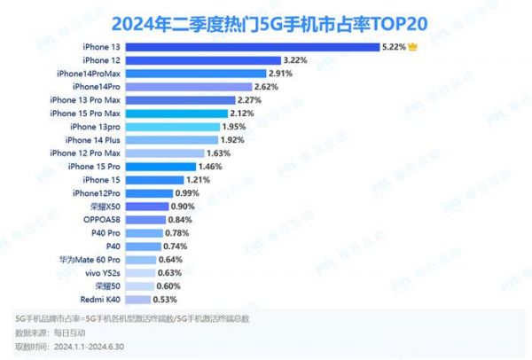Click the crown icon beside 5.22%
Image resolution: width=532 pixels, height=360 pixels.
click(x=413, y=45)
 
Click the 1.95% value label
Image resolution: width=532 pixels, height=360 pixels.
click(x=235, y=126)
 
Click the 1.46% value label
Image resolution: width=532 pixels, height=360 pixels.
click(x=213, y=166)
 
